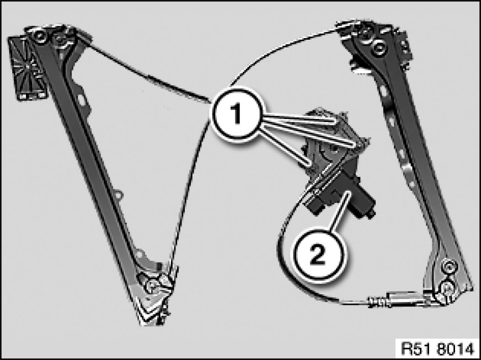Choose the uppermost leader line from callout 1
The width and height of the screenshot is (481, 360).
point(299,118)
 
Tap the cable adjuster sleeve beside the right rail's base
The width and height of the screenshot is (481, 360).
point(399,299)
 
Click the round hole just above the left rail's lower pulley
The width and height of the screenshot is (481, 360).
point(140,254)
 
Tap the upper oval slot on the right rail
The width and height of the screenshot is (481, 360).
point(384,91)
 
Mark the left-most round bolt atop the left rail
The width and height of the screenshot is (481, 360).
point(39,36)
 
